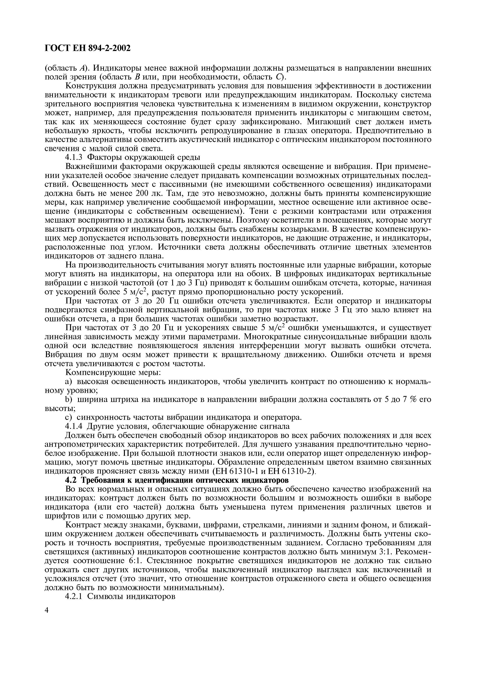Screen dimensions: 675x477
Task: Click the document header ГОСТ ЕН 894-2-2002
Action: (x=87, y=48)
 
